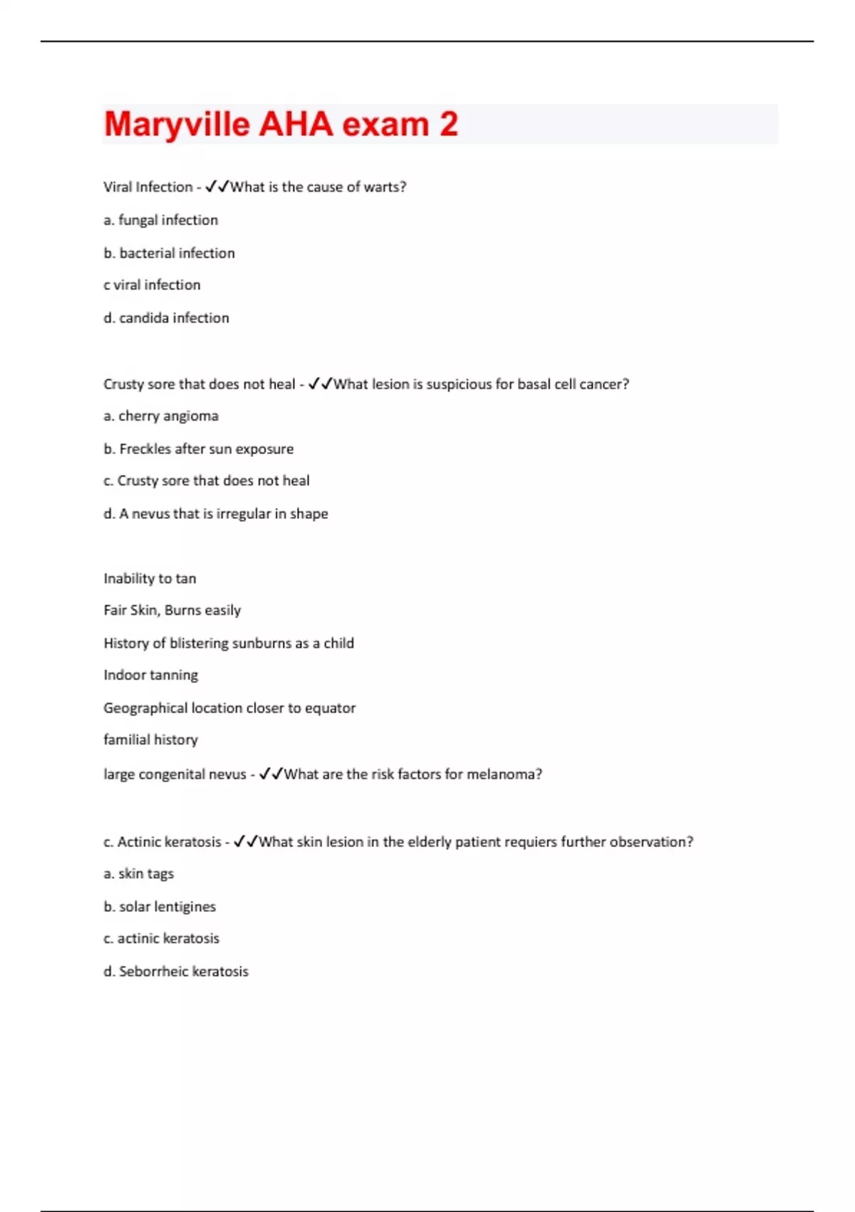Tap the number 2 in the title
click(x=448, y=124)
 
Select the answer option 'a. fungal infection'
click(x=160, y=220)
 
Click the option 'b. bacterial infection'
click(x=169, y=253)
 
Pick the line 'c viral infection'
click(x=152, y=285)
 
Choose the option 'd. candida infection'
click(x=166, y=318)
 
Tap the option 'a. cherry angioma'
click(x=161, y=416)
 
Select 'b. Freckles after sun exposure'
click(x=198, y=449)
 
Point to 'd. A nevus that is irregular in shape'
click(x=215, y=514)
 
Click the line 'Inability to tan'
click(x=150, y=579)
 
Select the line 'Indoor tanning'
click(x=150, y=675)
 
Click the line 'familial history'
click(x=150, y=740)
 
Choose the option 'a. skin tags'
click(x=138, y=874)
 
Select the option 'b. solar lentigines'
click(x=159, y=907)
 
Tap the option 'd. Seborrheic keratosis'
click(x=175, y=972)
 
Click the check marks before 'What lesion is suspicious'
click(x=321, y=384)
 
